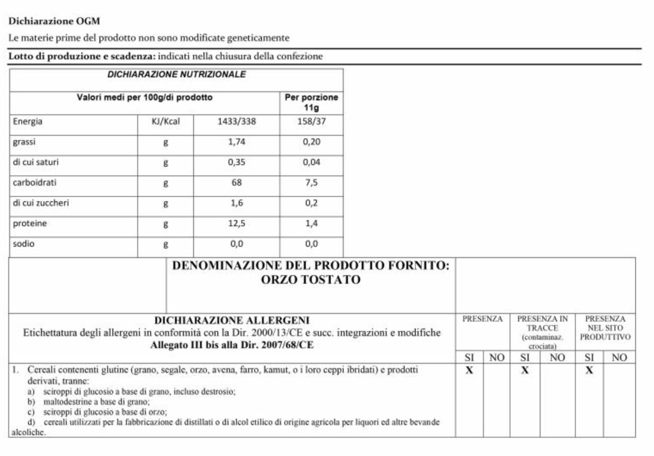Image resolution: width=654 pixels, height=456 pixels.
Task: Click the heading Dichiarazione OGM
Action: pyautogui.click(x=54, y=21)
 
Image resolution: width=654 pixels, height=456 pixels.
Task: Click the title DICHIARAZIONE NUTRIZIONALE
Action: pyautogui.click(x=176, y=74)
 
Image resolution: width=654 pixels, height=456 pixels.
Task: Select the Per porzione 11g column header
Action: pyautogui.click(x=311, y=102)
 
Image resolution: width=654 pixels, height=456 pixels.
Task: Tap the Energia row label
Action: pyautogui.click(x=27, y=121)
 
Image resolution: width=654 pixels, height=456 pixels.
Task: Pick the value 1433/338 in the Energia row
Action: pyautogui.click(x=236, y=121)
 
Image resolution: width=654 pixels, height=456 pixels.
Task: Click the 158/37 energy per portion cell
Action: pyautogui.click(x=311, y=121)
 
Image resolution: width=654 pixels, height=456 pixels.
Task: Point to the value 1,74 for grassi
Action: pyautogui.click(x=236, y=142)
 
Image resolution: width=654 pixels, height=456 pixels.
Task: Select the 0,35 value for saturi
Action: pyautogui.click(x=236, y=162)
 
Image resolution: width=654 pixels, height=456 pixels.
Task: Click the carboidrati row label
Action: pyautogui.click(x=35, y=182)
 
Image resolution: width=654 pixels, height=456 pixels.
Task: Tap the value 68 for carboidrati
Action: pyautogui.click(x=236, y=182)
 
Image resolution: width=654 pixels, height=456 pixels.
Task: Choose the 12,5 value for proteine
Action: pyautogui.click(x=236, y=223)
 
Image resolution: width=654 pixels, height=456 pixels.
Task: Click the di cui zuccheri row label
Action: pyautogui.click(x=41, y=203)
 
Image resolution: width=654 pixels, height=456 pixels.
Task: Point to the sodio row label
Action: pyautogui.click(x=24, y=244)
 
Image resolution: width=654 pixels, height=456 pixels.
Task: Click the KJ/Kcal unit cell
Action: pyautogui.click(x=166, y=121)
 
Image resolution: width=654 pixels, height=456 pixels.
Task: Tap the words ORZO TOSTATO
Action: pyautogui.click(x=311, y=280)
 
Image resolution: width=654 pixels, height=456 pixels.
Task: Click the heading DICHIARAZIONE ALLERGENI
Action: pyautogui.click(x=232, y=320)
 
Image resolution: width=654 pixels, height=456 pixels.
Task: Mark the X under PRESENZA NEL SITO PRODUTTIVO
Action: pyautogui.click(x=589, y=370)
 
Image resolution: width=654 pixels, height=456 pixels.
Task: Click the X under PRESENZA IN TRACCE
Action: pyautogui.click(x=525, y=370)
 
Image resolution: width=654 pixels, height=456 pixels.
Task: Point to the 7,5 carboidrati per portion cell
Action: pyautogui.click(x=311, y=182)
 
